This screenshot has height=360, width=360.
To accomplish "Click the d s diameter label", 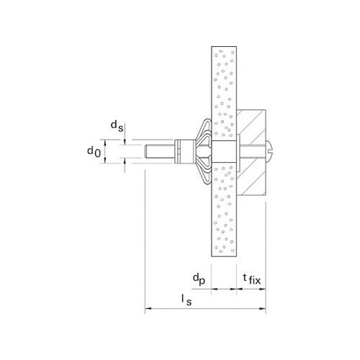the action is click(x=117, y=126).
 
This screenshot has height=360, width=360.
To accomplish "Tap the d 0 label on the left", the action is click(x=94, y=151).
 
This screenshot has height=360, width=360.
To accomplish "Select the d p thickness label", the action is click(x=199, y=279).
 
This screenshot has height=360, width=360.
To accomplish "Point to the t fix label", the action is click(x=251, y=279).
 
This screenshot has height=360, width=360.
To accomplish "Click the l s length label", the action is click(x=186, y=300).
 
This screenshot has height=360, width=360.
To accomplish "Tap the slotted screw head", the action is click(x=269, y=151).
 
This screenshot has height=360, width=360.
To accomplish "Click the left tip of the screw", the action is click(x=145, y=151).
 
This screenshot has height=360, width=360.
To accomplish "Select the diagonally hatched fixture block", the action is click(x=251, y=152).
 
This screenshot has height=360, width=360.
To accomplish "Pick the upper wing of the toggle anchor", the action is click(x=204, y=130).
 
